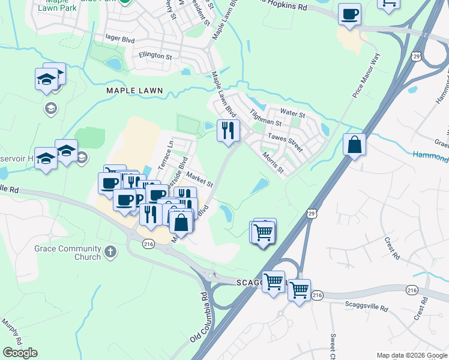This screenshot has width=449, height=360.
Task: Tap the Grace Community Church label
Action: tap(76, 253)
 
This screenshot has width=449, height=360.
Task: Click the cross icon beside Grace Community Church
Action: tap(110, 252)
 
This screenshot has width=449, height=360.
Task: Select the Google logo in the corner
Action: tap(20, 353)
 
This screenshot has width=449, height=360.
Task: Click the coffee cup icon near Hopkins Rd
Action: tap(349, 14)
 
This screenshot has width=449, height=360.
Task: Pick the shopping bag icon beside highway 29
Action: tap(354, 145)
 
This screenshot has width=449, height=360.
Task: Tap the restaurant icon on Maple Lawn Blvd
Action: tap(228, 131)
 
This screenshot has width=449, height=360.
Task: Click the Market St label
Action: tap(199, 178)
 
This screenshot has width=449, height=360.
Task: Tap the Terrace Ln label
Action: tap(165, 154)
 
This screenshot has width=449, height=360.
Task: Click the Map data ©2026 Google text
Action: tap(411, 355)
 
